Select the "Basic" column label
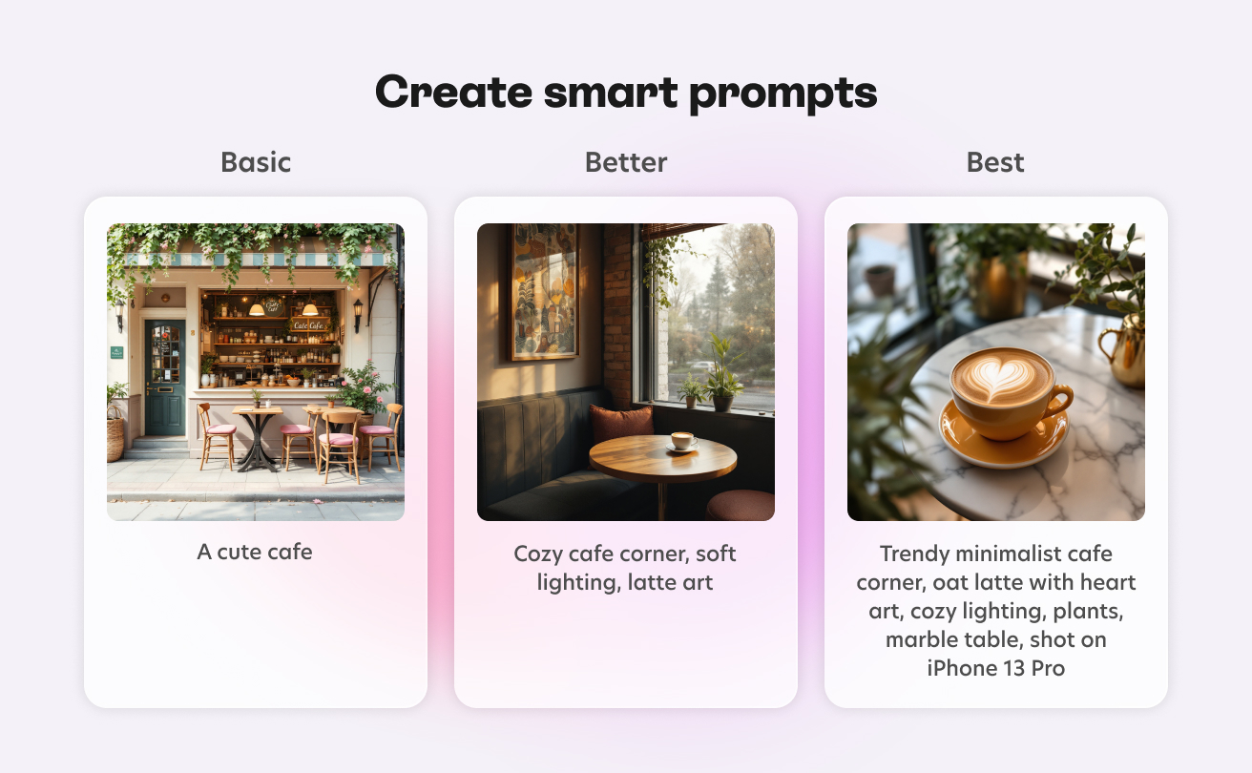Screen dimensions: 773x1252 coord(256,162)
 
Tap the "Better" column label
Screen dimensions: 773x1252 coord(626,162)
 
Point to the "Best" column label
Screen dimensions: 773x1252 coord(995,162)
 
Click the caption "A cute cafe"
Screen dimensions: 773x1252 coord(255,552)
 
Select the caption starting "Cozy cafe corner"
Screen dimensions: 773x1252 coord(625,568)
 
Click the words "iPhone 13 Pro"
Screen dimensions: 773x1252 coord(995,668)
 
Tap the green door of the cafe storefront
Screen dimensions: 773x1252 coord(164,377)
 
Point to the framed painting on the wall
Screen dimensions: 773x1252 coord(544,291)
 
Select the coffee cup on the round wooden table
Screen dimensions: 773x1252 coord(680,441)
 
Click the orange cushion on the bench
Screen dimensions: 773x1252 coord(621,423)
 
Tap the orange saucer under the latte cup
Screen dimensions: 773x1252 coord(1002,439)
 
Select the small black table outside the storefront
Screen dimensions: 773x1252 coord(257,434)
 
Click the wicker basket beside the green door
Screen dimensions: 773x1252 coord(116,437)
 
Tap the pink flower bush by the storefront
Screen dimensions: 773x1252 coord(363,386)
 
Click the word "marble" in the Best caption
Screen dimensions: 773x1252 coord(919,639)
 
